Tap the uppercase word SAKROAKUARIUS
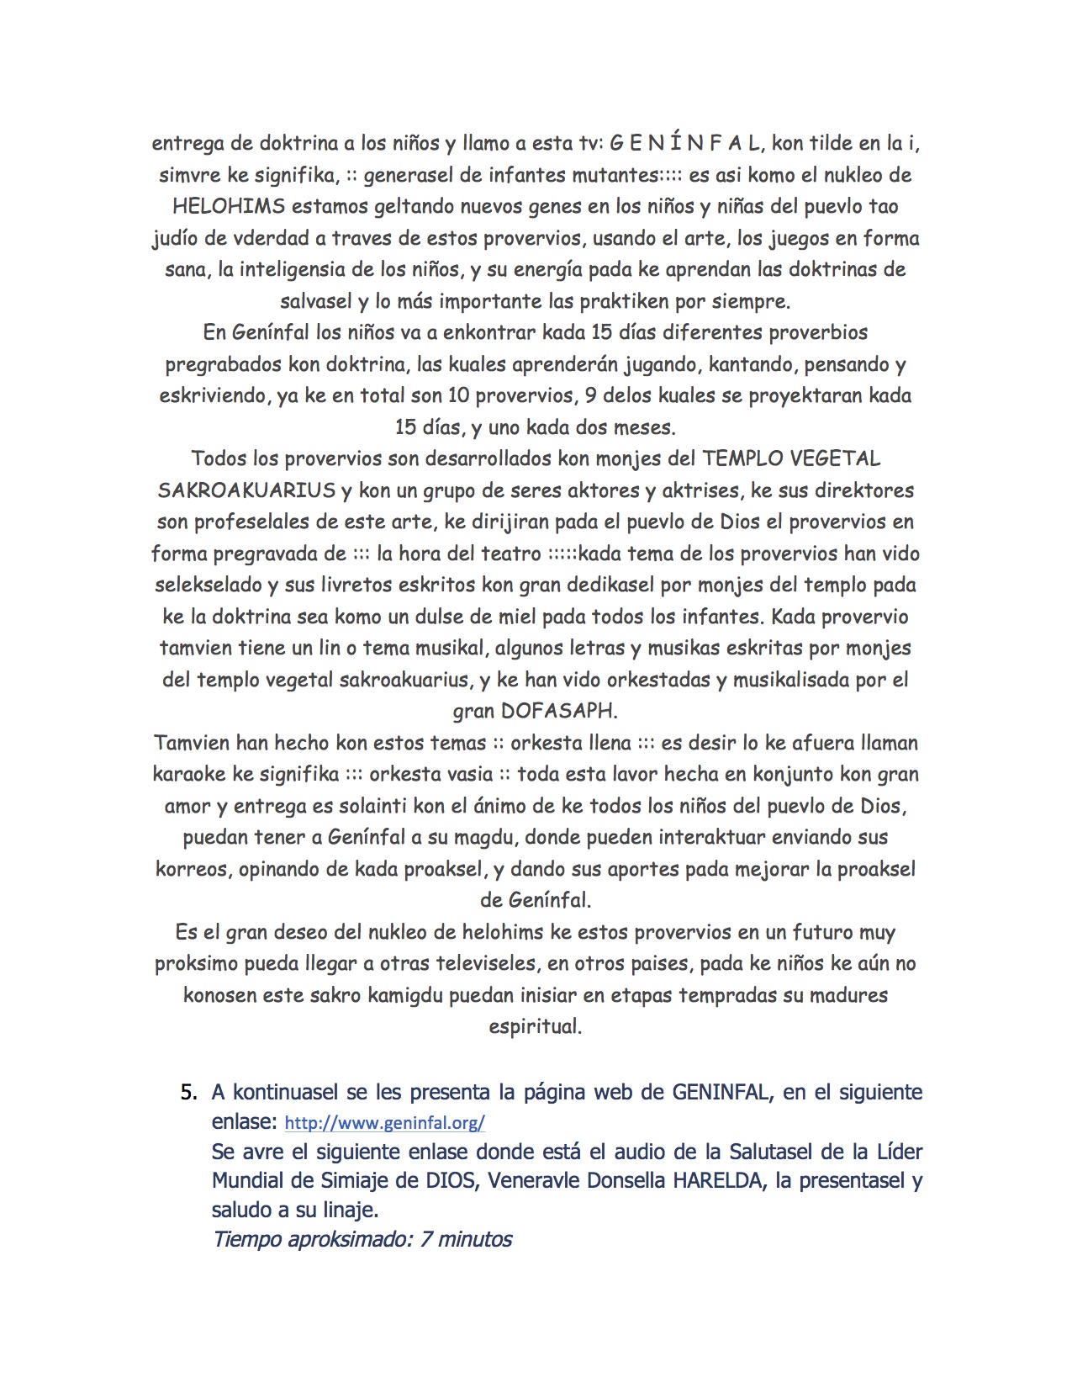tap(246, 490)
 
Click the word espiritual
tap(535, 1026)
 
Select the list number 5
tap(188, 1093)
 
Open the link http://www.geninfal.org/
tap(384, 1123)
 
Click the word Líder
tap(900, 1151)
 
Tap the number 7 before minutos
tap(426, 1239)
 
